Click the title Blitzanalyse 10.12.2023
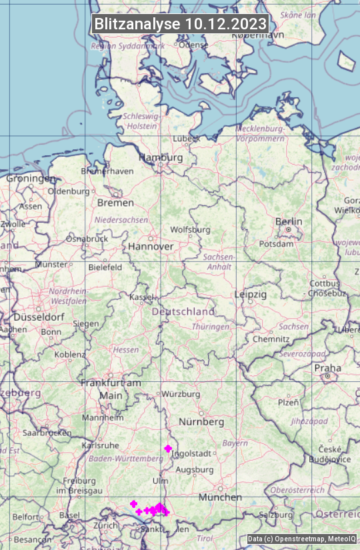point(180,24)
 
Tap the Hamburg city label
point(161,158)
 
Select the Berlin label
point(289,221)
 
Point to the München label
point(220,497)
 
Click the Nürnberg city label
point(201,422)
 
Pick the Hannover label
point(151,246)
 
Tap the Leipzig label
point(251,294)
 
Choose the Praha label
point(328,368)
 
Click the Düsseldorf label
point(32,317)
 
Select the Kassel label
point(141,296)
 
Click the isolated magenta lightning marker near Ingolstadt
point(168,449)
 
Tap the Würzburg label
point(181,394)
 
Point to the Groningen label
point(31,179)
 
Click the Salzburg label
point(276,515)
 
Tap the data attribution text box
point(302,539)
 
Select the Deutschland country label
point(183,311)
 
